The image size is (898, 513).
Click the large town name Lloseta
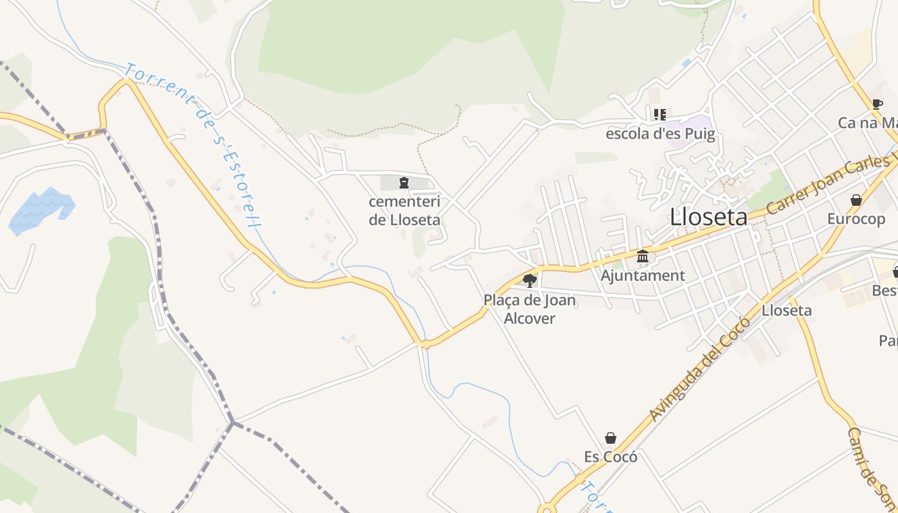708,217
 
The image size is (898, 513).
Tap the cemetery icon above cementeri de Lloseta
403,183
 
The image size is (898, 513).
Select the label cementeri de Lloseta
404,210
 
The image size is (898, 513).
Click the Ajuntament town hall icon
643,256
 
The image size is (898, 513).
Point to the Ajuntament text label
643,276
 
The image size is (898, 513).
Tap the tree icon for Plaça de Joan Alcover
530,280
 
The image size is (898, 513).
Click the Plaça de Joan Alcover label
530,309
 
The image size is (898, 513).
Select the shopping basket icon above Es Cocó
611,438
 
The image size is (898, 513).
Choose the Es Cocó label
611,457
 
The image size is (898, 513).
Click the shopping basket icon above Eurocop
856,200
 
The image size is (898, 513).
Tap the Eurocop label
856,219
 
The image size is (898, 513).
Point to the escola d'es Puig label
660,134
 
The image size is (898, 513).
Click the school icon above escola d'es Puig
659,115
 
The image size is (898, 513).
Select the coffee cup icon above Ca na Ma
877,104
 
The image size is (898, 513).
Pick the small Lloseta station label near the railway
786,311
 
